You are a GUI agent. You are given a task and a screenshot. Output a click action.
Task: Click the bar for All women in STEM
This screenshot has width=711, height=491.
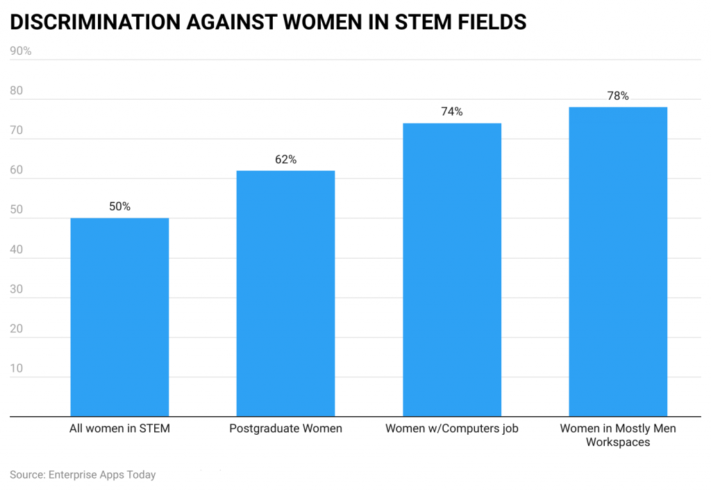119,317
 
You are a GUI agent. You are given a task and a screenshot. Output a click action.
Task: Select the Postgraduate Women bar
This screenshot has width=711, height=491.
285,293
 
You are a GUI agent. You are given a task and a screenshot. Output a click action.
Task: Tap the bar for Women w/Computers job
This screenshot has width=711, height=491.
452,270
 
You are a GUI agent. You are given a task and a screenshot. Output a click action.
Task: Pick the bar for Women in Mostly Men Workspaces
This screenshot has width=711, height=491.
618,261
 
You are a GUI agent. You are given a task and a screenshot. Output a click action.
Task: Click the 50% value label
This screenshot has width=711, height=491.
119,207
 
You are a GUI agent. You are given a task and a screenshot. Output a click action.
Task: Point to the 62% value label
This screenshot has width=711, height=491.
285,160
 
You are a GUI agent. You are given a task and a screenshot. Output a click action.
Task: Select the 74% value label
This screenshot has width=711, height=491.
452,112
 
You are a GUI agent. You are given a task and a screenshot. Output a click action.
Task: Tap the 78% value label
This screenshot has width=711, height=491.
618,96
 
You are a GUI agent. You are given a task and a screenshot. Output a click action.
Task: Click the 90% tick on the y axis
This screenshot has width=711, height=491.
20,51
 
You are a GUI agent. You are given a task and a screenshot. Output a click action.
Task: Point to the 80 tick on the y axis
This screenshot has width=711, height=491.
17,91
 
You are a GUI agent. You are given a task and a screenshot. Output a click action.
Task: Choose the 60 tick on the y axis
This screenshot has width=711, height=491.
17,170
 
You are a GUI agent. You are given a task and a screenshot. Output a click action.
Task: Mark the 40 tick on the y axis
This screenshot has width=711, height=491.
17,250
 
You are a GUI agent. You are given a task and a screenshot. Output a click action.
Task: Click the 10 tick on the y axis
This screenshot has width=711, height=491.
17,368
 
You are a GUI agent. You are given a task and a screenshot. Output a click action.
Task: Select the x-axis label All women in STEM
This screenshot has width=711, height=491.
119,429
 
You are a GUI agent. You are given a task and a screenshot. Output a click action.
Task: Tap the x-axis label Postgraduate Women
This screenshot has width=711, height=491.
285,429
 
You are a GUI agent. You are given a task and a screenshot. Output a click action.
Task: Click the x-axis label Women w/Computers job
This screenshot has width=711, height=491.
452,429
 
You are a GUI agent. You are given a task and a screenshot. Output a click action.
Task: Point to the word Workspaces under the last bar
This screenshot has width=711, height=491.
618,442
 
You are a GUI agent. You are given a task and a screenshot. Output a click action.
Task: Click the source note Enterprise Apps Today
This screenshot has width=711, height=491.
102,475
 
